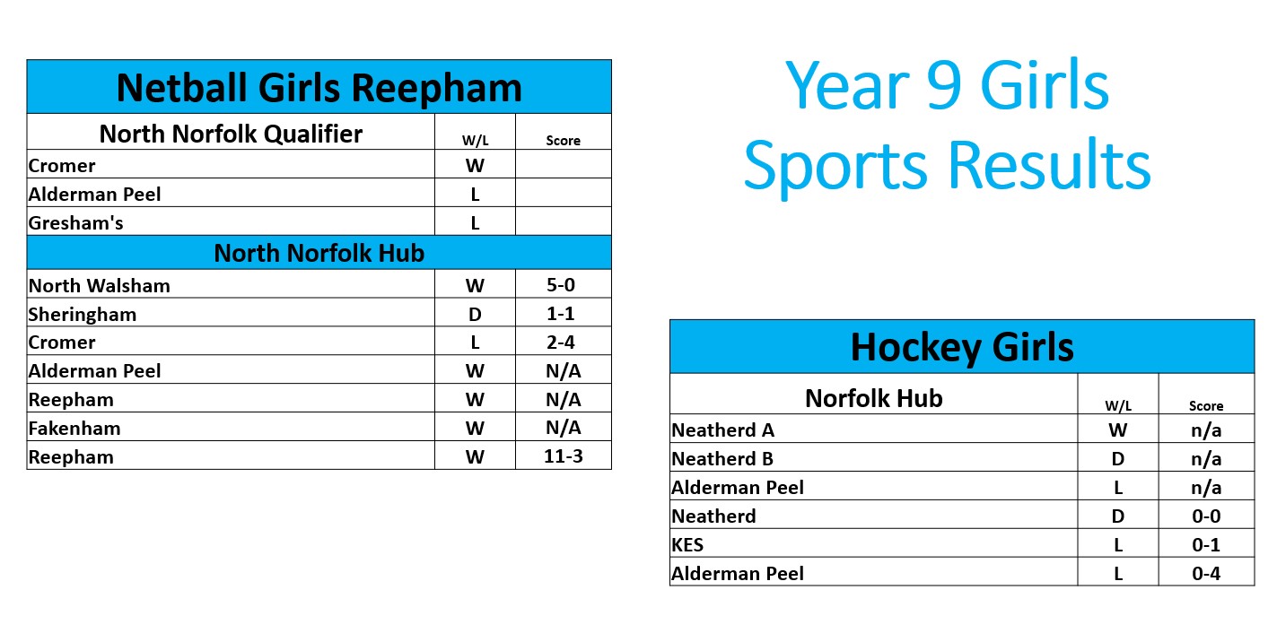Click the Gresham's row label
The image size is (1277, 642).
(x=75, y=222)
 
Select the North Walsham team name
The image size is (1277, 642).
(x=100, y=285)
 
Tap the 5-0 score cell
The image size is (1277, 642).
(x=561, y=285)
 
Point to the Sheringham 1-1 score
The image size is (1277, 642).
(x=561, y=313)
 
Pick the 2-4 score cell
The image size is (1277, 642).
(x=561, y=342)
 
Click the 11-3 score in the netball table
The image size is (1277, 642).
(x=564, y=456)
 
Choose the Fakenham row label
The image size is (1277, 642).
(x=74, y=429)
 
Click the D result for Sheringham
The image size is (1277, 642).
(x=475, y=315)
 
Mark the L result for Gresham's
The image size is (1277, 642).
(x=475, y=222)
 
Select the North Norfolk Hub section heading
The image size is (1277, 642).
(x=319, y=253)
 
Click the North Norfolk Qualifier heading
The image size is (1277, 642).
(x=231, y=134)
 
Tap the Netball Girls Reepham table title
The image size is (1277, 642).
(x=319, y=88)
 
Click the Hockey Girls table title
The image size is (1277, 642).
(x=962, y=347)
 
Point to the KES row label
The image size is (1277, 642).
(x=687, y=545)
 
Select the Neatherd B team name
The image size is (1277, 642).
(x=722, y=459)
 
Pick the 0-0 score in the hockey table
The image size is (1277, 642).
(x=1206, y=516)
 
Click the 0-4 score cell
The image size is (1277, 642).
(x=1206, y=574)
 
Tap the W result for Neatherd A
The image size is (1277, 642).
(x=1118, y=430)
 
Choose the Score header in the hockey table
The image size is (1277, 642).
(x=1206, y=405)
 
